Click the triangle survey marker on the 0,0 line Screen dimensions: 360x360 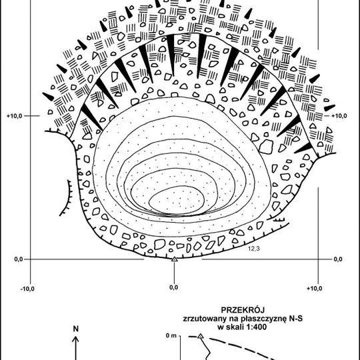(175, 259)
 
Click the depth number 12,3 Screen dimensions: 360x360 (254, 248)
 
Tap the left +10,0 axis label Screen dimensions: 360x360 (14, 116)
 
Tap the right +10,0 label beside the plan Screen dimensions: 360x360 (339, 116)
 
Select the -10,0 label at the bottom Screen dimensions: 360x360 (27, 289)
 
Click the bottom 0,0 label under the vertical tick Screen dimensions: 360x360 (173, 287)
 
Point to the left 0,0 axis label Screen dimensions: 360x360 (19, 259)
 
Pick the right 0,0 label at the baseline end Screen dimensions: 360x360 (338, 259)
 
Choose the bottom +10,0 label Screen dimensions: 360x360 (314, 289)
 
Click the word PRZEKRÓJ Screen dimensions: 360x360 (243, 310)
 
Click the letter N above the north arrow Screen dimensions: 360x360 (76, 329)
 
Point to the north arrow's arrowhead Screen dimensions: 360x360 (75, 339)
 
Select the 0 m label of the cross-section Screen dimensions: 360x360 (171, 335)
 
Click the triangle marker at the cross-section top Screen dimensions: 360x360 (201, 336)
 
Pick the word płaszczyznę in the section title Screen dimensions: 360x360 (259, 319)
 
